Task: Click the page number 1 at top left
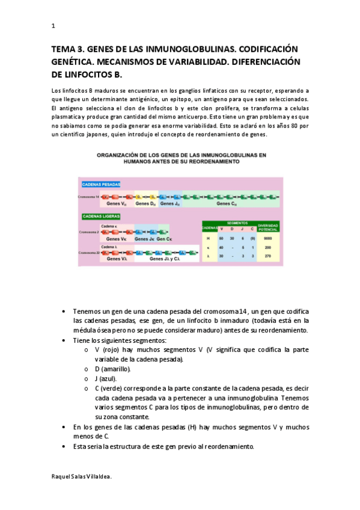click(53, 26)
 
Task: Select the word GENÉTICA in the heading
click(74, 63)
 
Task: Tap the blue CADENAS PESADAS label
click(101, 184)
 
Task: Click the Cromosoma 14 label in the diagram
click(88, 197)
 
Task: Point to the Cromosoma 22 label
click(88, 253)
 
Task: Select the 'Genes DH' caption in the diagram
click(145, 203)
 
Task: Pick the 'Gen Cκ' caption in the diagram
click(163, 239)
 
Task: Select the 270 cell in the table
click(267, 256)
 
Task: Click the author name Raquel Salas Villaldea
click(82, 475)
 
